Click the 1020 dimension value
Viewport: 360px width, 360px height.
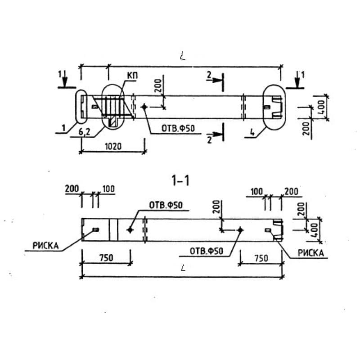click(113, 146)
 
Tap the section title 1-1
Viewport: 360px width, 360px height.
click(181, 180)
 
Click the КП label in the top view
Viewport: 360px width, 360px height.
click(132, 76)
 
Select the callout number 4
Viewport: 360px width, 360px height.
click(252, 132)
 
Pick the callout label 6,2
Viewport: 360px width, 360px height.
click(84, 132)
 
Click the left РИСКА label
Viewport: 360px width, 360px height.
click(46, 246)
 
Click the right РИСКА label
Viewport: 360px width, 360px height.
click(310, 253)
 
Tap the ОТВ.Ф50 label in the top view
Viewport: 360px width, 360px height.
click(178, 128)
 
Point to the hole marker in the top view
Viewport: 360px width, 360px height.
click(144, 107)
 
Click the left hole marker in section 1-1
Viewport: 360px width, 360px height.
click(130, 229)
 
